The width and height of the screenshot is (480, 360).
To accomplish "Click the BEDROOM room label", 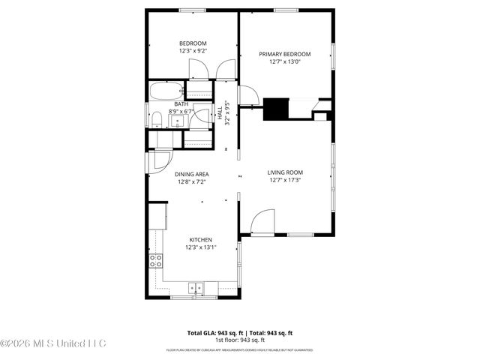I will pos(193,43).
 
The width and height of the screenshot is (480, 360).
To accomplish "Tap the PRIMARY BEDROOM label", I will pos(285,54).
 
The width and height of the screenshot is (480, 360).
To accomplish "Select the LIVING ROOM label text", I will pos(285,172).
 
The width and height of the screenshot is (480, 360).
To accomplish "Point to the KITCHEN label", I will pos(200,240).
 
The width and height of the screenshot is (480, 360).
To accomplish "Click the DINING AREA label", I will pos(192,174).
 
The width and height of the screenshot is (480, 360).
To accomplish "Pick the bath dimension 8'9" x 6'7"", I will pos(181,111).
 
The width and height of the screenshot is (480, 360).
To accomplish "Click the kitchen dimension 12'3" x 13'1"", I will pos(200,247).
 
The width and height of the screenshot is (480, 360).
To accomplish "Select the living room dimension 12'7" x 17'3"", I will pos(285,180).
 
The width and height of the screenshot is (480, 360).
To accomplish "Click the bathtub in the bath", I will pos(163,91).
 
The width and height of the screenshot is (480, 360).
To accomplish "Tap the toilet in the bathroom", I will pos(157,120).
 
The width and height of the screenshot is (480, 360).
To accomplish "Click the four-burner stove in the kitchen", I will pos(156,261).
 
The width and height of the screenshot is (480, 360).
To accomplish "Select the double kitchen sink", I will pos(196,286).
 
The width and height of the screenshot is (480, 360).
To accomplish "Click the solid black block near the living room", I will pos(277,109).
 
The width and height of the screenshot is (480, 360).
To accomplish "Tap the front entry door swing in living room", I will pos(262,222).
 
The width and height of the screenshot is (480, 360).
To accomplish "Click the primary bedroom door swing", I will pos(246,94).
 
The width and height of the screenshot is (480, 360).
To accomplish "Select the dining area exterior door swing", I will pos(160,161).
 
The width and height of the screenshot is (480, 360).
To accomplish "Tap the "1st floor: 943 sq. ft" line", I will pos(239,340).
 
